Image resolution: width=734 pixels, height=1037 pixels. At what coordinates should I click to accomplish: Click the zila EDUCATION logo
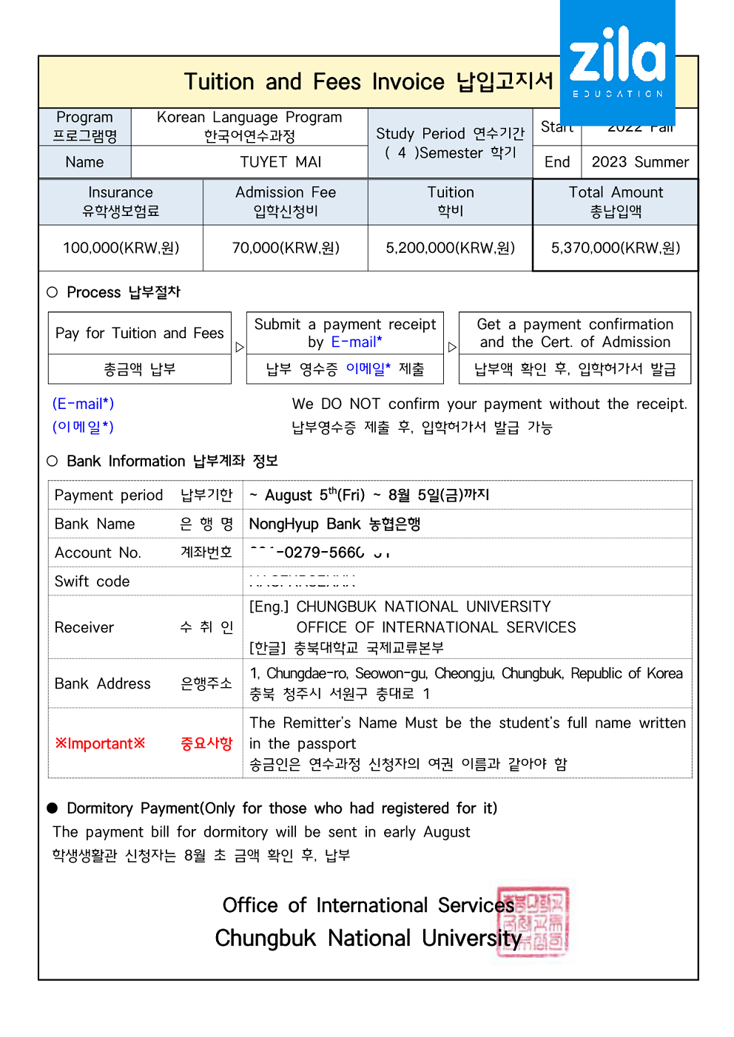pos(617,62)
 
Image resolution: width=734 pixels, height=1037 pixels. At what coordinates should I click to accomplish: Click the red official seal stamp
pos(532,922)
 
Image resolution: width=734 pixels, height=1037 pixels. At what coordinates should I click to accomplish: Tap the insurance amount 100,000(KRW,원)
pos(121,248)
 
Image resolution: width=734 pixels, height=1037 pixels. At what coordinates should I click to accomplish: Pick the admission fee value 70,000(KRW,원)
pos(286,248)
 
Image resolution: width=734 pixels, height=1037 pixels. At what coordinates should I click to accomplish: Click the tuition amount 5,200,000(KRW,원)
pos(450,248)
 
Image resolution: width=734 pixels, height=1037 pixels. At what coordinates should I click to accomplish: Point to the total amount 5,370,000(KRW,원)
pos(615,248)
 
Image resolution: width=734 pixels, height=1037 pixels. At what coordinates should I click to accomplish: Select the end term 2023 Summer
pos(640,162)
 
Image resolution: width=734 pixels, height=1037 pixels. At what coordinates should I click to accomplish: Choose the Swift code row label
pos(92,581)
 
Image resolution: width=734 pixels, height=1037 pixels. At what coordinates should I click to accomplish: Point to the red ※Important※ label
pos(100,743)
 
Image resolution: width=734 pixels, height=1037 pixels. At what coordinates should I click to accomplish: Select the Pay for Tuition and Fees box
pos(139,334)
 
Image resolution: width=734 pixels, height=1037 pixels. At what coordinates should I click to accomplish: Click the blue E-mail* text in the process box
pos(357,342)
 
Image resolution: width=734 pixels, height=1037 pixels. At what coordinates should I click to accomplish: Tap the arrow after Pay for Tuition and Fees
pos(239,347)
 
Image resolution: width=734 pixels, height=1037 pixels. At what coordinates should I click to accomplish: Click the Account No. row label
pos(98,553)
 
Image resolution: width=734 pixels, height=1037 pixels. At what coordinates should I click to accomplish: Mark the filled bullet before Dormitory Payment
pos(53,808)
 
